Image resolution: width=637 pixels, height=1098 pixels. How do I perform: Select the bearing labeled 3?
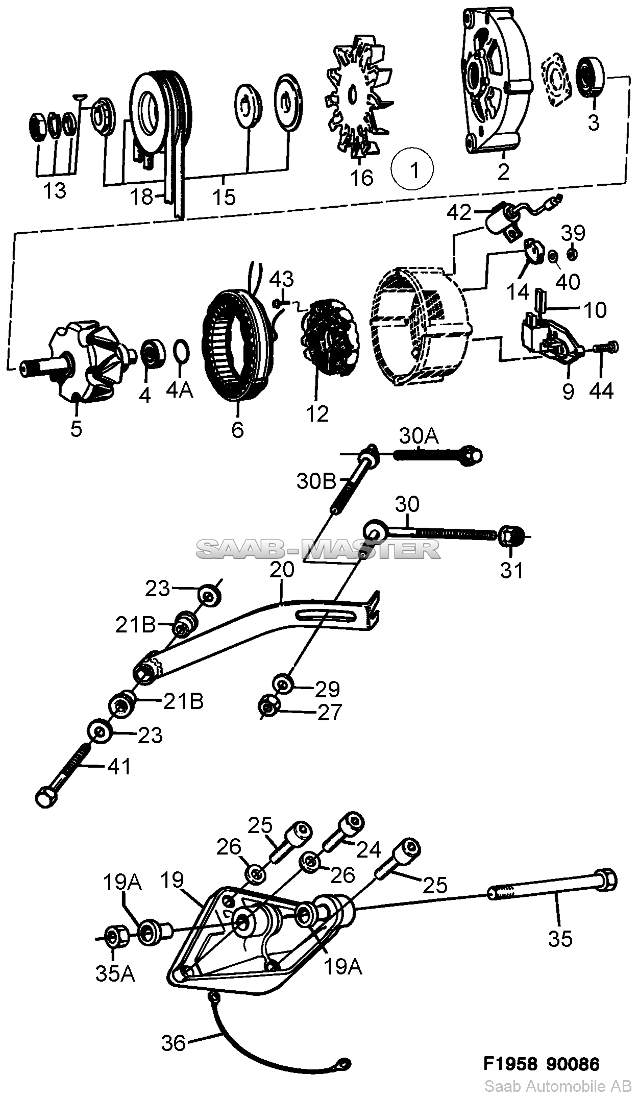pos(592,77)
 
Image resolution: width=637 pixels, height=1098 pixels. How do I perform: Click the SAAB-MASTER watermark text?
pos(318,549)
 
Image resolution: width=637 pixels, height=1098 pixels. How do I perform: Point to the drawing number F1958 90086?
pos(542,1064)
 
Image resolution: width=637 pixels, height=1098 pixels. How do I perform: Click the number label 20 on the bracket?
pos(282,569)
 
